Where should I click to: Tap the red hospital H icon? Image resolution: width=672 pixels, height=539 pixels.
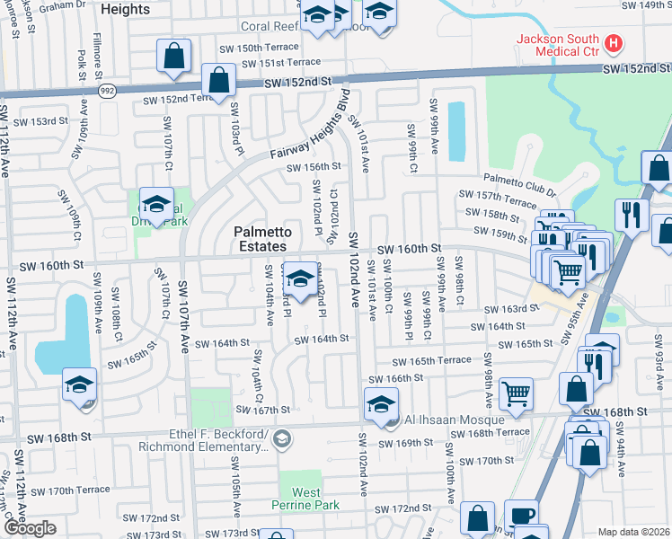(614, 42)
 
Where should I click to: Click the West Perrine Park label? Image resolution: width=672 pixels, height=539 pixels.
(305, 499)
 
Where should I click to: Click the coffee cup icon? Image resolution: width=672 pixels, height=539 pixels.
(520, 516)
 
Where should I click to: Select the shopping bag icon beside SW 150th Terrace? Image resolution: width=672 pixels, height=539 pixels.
(173, 55)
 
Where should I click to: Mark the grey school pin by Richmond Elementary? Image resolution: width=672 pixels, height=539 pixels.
(283, 438)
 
